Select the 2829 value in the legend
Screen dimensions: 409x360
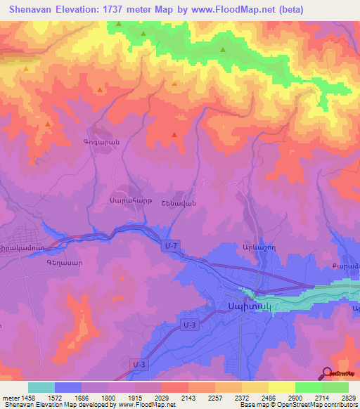coord(348,398)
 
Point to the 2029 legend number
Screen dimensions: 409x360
coord(161,398)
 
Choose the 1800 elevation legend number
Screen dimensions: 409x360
coord(108,398)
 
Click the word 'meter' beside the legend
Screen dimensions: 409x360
coord(9,398)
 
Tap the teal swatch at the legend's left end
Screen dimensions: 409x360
coord(41,387)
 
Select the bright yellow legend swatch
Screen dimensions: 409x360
coord(281,387)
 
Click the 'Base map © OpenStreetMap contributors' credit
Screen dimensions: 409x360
coord(299,405)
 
